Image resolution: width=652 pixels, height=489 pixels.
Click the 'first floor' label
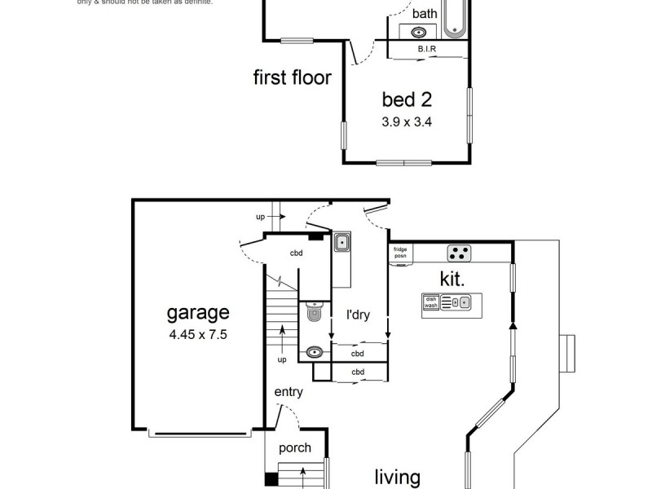292,78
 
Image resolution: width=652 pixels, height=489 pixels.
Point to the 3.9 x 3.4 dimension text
406,123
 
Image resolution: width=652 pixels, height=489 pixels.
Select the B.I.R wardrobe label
427,50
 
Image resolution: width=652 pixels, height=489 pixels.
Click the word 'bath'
424,14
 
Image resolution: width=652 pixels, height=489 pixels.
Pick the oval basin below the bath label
419,33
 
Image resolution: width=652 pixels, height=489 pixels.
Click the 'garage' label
198,312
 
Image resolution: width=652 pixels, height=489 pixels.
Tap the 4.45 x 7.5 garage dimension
198,334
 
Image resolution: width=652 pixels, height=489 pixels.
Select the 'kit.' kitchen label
452,279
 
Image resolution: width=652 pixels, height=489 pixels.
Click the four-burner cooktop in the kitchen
459,252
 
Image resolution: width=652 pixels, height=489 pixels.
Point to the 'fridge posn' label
400,253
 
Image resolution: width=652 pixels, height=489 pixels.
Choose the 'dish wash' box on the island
430,302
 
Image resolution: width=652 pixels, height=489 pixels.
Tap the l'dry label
359,315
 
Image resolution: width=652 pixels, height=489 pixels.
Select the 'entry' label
288,392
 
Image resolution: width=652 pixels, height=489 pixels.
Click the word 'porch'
294,447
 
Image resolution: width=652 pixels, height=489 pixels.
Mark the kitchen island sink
464,302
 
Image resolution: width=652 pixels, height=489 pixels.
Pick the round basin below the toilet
315,353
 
